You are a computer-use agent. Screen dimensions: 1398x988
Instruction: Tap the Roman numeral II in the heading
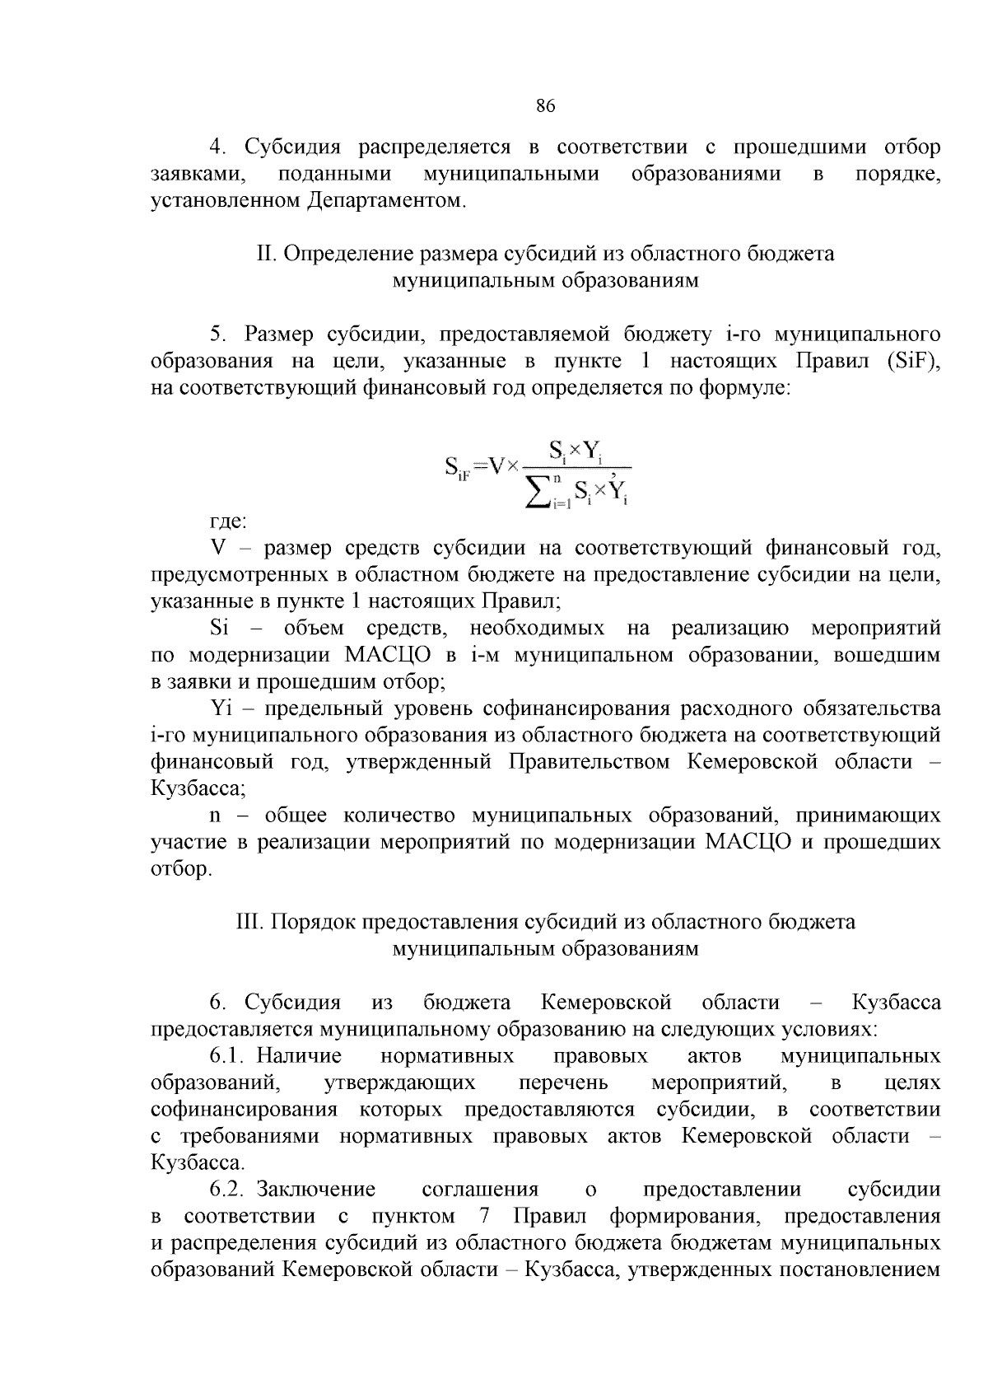pos(265,254)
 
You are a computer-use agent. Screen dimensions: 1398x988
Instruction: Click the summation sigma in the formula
pos(539,493)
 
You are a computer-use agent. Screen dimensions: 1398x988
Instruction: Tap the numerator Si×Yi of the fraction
pos(576,451)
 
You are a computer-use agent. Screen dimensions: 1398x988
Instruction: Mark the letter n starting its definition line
pos(216,816)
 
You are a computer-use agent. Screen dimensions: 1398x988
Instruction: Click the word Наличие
pos(299,1056)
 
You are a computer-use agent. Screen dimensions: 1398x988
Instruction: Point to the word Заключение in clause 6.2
pos(316,1190)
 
